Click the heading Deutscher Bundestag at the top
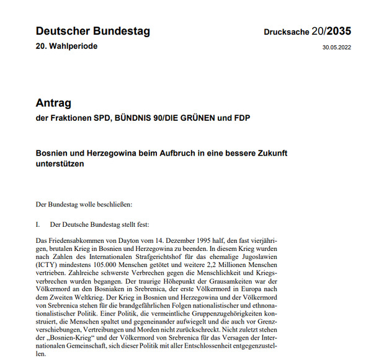pos(92,31)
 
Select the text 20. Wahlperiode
pos(66,46)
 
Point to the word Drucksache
pos(286,32)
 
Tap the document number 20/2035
pos(335,32)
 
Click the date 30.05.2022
pos(337,48)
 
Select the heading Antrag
pos(55,103)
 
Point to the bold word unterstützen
pos(60,164)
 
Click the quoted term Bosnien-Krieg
pos(71,338)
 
